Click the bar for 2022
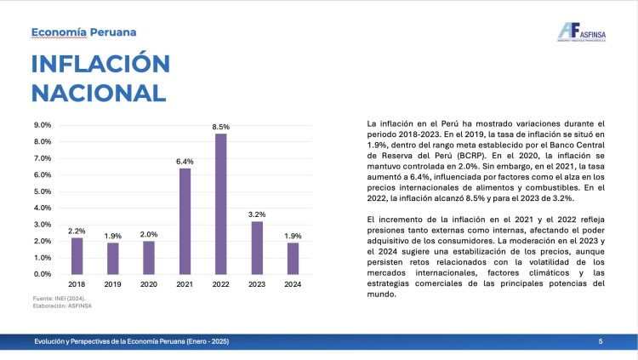coord(221,203)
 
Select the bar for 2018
coord(77,255)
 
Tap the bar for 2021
coord(185,221)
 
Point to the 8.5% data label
coord(221,127)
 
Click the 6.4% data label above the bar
coord(185,161)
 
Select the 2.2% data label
coord(77,231)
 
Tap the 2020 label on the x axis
coord(149,284)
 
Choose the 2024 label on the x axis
coord(293,284)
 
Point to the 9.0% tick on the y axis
coord(42,125)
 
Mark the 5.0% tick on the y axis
coord(42,191)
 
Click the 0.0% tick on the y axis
coord(42,274)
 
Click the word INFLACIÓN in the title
coord(100,65)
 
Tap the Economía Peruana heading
coord(83,32)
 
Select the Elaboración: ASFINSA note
coord(62,306)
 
